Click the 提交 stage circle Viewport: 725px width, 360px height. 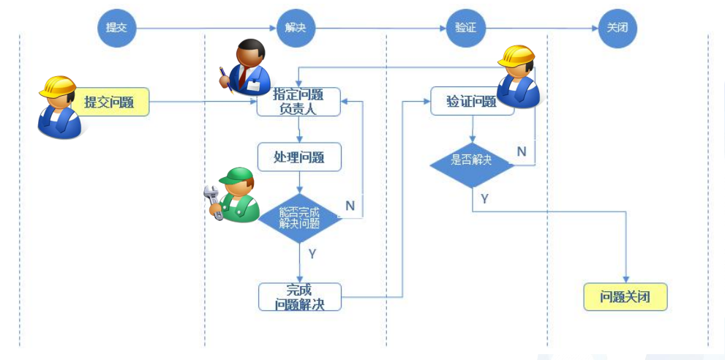point(117,29)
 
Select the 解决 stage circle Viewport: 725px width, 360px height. point(296,29)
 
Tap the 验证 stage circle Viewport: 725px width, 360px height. point(465,29)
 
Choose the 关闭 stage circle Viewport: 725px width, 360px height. point(617,29)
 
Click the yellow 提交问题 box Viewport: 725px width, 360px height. point(109,102)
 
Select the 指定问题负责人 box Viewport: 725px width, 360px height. point(298,102)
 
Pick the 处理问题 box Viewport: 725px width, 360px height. point(298,157)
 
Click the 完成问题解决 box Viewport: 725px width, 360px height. point(299,297)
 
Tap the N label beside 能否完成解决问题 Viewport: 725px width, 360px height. point(350,206)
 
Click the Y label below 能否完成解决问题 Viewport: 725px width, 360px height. point(312,254)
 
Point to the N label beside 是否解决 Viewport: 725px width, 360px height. point(522,151)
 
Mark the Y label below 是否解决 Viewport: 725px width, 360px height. point(484,198)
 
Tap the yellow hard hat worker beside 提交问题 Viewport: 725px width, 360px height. point(59,106)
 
